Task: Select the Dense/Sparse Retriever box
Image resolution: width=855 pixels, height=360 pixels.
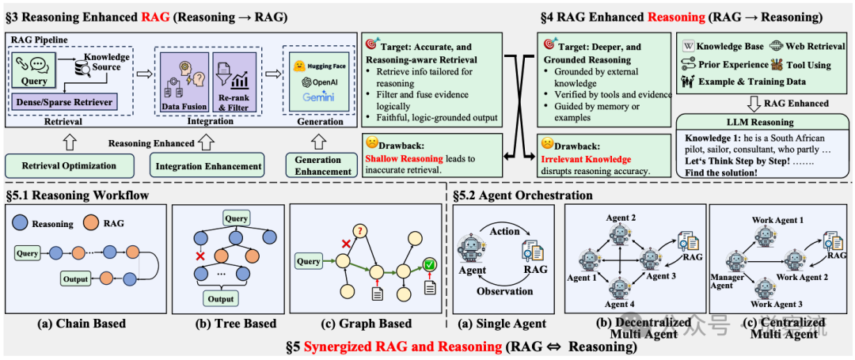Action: tap(63, 101)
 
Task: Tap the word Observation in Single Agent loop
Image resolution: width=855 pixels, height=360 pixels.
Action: tap(504, 291)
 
